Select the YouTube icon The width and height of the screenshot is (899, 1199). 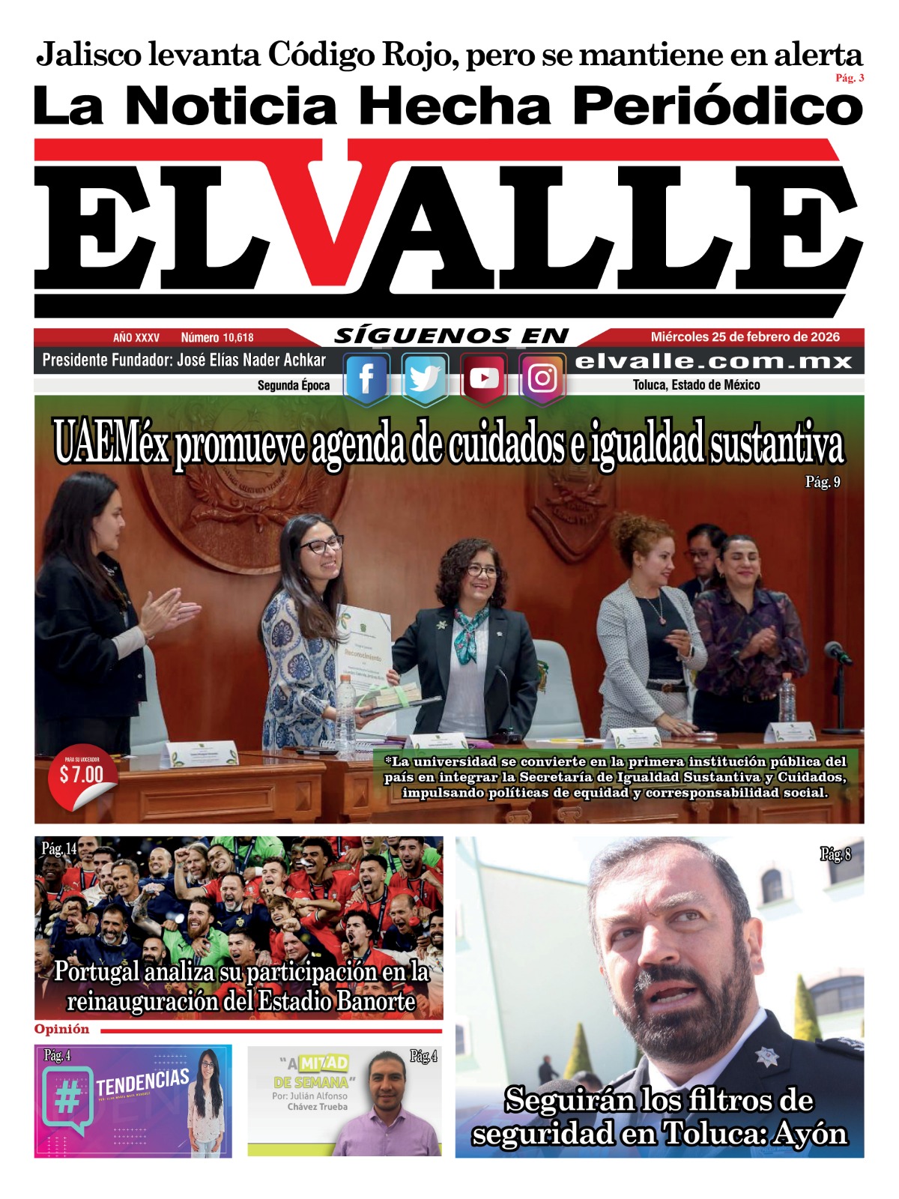[x=483, y=378]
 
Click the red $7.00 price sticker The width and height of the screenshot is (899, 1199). [x=82, y=776]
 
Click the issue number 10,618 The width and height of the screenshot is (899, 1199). [x=237, y=338]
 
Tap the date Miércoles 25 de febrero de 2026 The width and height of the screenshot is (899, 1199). [x=745, y=337]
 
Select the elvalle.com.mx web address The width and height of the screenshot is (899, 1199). [x=713, y=362]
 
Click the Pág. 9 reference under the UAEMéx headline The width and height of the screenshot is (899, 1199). [x=823, y=483]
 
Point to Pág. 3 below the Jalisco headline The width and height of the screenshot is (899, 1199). [x=850, y=78]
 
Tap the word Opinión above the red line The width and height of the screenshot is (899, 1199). [x=61, y=1030]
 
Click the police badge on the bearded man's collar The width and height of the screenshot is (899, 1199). [x=766, y=1057]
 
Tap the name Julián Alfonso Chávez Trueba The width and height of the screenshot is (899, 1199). [x=310, y=1101]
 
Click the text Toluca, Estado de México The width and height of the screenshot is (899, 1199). [x=696, y=385]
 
